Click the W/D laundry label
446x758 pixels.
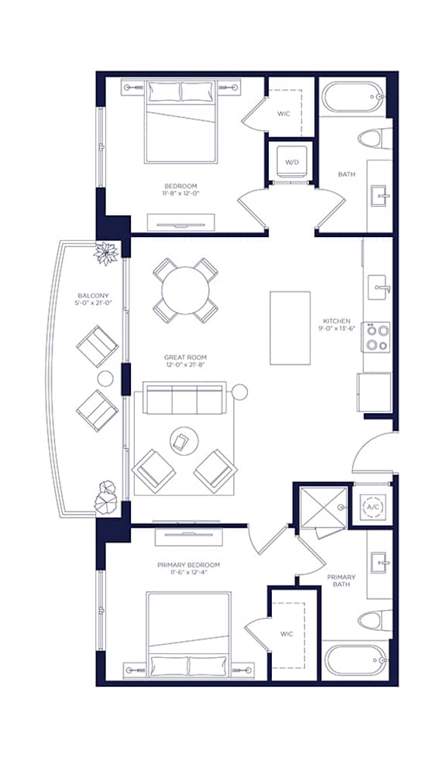[x=292, y=163]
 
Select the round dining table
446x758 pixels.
[x=186, y=291]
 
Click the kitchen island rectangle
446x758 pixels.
[x=290, y=328]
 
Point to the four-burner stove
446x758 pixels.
[x=376, y=337]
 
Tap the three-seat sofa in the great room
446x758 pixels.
[x=184, y=398]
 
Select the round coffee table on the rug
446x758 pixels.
[x=184, y=441]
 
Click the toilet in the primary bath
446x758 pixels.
[x=376, y=620]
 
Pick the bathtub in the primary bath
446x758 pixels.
[x=355, y=660]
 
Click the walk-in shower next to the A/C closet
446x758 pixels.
[x=324, y=506]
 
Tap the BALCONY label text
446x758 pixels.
[x=93, y=295]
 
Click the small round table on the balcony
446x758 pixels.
[x=105, y=378]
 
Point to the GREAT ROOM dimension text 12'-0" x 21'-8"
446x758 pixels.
[x=186, y=365]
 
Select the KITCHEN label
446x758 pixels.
[x=337, y=321]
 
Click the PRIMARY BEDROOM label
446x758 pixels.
[x=188, y=565]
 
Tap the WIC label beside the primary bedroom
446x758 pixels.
[x=286, y=634]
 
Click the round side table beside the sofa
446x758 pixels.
[x=239, y=391]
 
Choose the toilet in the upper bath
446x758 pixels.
[x=375, y=139]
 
